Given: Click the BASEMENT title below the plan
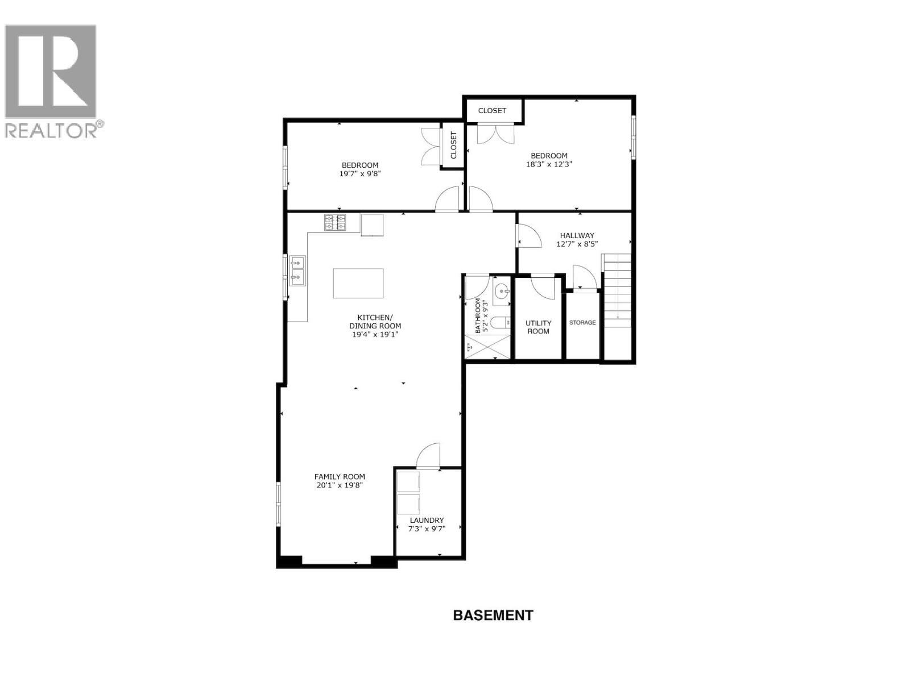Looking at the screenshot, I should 493,615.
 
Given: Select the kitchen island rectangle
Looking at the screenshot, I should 358,283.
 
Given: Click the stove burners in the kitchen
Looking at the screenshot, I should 335,222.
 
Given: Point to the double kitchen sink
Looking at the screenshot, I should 297,271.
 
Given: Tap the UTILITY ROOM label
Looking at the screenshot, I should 538,327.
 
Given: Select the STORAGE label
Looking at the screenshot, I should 582,322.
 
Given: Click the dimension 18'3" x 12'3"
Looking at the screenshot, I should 549,164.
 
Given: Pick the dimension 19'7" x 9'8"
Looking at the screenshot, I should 359,174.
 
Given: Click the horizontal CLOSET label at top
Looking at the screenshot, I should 492,111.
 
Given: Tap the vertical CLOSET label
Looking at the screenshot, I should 453,145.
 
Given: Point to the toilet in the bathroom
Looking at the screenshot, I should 500,323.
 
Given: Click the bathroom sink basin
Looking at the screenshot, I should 502,292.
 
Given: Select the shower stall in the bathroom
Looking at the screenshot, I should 488,347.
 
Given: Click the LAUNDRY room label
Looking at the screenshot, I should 427,520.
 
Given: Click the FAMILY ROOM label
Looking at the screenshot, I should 340,477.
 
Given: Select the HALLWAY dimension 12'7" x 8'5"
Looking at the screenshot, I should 577,244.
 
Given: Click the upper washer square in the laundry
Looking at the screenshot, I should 408,482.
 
